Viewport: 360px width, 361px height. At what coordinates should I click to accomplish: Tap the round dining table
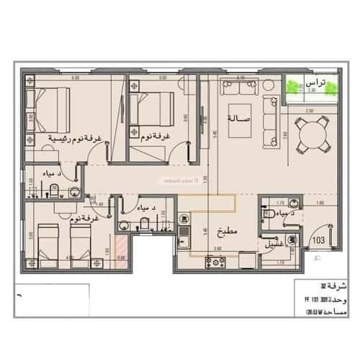coord(311,135)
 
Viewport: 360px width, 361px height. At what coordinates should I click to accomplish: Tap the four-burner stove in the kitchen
coord(215,260)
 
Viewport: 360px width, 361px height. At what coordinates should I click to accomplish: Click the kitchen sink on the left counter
coord(181,234)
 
